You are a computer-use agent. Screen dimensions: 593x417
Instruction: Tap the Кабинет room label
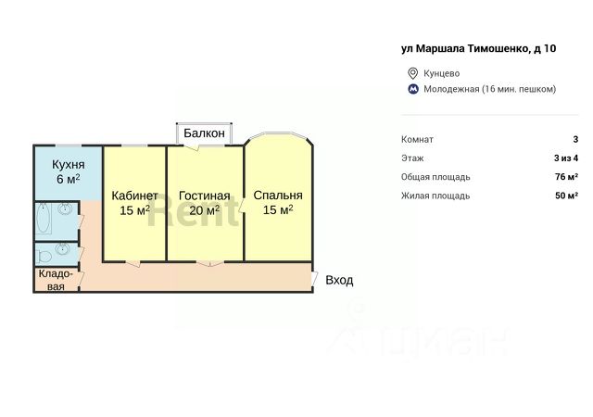pos(134,196)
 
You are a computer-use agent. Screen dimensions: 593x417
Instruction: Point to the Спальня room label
pos(278,196)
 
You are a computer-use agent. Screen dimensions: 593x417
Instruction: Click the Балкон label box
pos(204,133)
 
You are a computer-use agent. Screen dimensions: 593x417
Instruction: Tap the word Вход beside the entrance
pos(339,280)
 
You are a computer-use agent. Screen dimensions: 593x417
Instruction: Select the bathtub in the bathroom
pos(45,221)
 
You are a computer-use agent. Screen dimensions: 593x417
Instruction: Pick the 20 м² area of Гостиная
pos(205,210)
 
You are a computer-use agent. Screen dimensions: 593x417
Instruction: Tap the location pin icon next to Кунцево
pos(413,73)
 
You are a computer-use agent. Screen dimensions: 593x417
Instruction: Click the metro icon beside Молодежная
pos(413,89)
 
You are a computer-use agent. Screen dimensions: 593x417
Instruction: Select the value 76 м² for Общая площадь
pos(566,176)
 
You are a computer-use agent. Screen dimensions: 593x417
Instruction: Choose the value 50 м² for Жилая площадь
pos(566,196)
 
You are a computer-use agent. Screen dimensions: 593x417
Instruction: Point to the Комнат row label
pos(417,139)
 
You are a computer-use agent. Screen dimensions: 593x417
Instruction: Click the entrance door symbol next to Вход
pos(316,280)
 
